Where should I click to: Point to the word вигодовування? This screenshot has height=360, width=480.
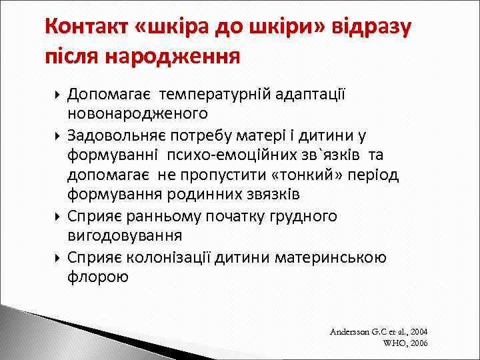[x=125, y=235]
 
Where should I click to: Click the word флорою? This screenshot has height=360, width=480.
[x=98, y=276]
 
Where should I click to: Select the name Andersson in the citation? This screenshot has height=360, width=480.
[x=349, y=331]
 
